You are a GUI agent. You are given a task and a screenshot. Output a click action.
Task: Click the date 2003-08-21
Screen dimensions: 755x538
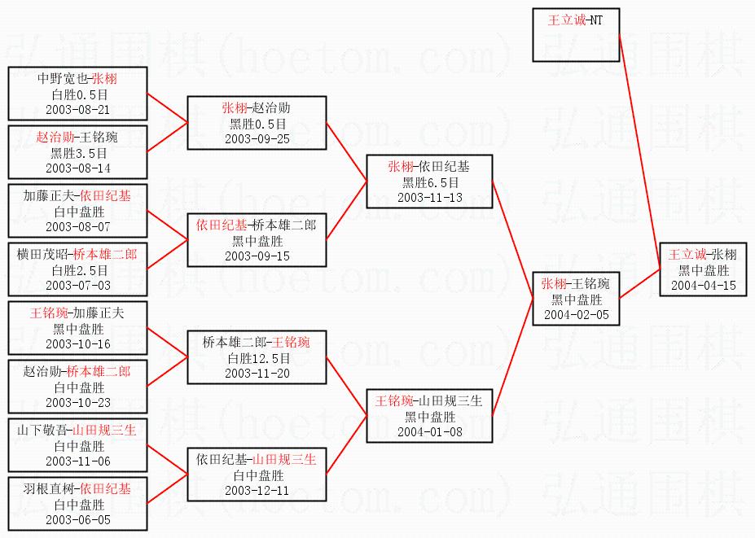[78, 108]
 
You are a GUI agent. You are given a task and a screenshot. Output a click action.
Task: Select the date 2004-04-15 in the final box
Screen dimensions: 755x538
[704, 285]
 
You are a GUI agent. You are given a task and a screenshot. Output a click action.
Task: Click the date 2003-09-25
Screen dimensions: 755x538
[257, 138]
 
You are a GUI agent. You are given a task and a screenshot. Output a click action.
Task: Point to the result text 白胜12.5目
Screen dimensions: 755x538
[257, 358]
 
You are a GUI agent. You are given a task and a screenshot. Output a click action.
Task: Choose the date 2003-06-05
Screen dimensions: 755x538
[78, 519]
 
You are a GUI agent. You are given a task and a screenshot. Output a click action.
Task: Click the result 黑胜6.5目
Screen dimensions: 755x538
[429, 182]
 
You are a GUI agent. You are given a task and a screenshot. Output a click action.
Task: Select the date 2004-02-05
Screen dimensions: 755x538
[577, 314]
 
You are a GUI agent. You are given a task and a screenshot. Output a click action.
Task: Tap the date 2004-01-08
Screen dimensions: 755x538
[429, 431]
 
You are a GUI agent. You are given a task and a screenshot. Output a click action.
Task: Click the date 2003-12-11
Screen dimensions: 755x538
[257, 491]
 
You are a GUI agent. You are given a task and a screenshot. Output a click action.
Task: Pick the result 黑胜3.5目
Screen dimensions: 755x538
[78, 152]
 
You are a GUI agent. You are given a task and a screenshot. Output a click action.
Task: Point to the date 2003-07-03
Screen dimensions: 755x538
[78, 285]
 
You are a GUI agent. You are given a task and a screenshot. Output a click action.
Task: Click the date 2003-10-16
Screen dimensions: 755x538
[78, 343]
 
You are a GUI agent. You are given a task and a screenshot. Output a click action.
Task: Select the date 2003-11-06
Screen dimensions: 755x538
[78, 461]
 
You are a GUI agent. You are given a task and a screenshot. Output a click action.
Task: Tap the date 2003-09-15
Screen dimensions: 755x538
[257, 256]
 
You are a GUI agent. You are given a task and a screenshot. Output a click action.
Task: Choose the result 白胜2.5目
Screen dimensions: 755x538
[78, 269]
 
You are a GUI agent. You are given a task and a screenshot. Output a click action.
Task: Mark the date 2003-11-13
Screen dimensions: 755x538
[429, 197]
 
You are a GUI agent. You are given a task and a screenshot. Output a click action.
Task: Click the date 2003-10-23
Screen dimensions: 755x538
[78, 402]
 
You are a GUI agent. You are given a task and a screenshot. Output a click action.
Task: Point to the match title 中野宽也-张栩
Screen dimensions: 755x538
[78, 79]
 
